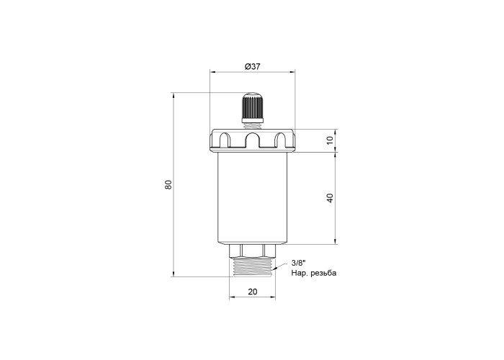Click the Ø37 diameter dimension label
252,66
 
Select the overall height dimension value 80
168,185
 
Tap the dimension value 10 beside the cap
330,140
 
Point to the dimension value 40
330,198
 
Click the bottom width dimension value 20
253,292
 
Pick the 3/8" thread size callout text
297,263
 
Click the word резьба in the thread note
324,273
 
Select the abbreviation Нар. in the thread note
300,274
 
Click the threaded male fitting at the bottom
252,266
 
